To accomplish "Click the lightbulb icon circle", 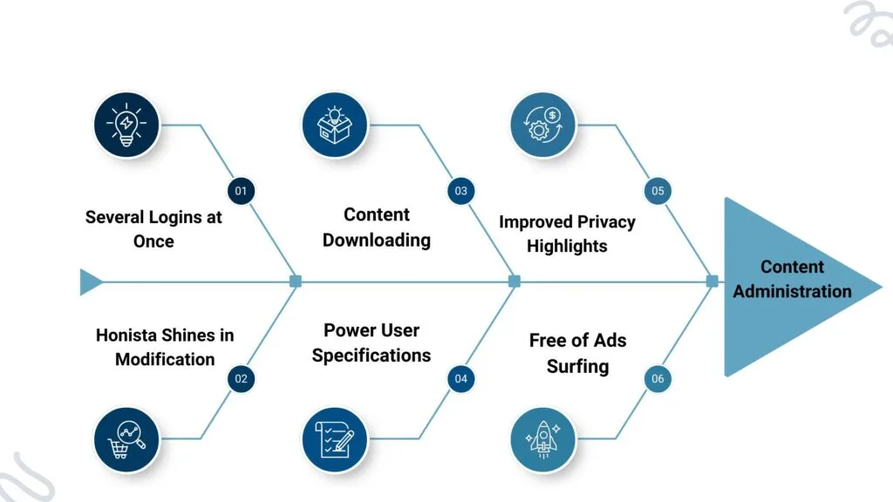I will [x=127, y=125].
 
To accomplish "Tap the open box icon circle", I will [x=334, y=125].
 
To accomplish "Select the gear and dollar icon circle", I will [x=542, y=125].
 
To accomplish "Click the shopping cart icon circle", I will [x=127, y=439].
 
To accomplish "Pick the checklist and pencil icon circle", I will [x=334, y=439].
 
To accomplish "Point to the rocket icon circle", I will [x=542, y=439].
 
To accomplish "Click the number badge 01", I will [x=242, y=191].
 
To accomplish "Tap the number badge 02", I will [x=242, y=378].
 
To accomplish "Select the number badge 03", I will [x=460, y=191].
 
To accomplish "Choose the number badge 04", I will [x=460, y=378].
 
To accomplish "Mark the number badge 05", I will [x=658, y=191].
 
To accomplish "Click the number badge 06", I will [x=658, y=378].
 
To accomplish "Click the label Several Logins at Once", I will [x=153, y=228].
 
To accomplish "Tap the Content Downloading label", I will [x=377, y=227].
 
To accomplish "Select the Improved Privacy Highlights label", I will [x=567, y=234].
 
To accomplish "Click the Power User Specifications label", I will [x=372, y=343].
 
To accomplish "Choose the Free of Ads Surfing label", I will [x=577, y=353].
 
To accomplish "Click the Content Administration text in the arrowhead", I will [x=792, y=279].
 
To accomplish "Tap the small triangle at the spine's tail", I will [x=89, y=282].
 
